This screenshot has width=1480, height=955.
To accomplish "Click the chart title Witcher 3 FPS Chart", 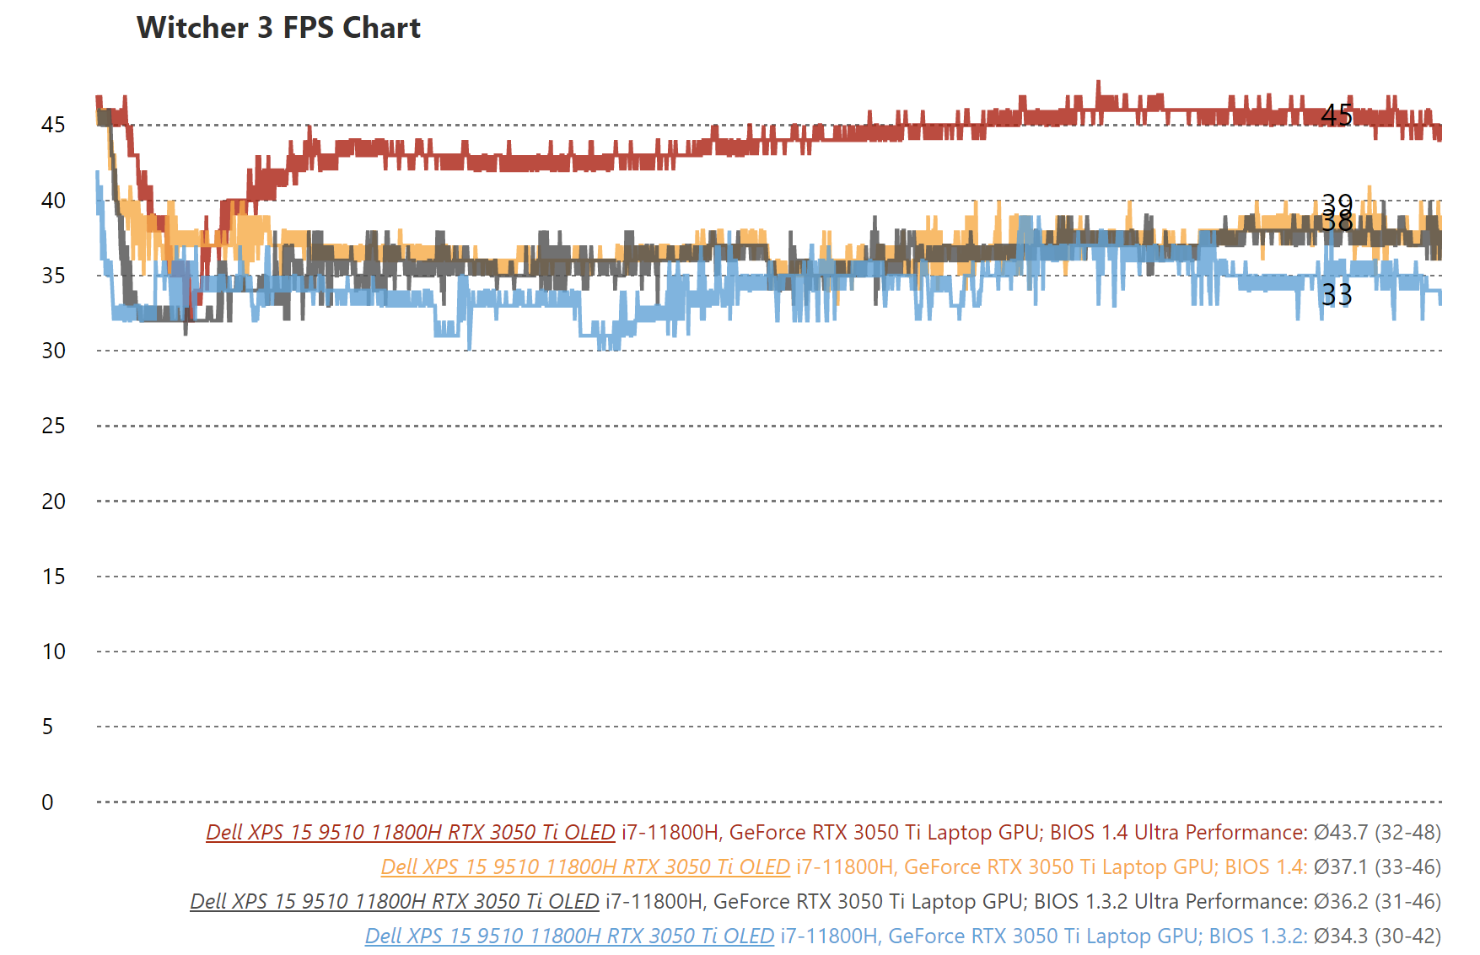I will pyautogui.click(x=278, y=28).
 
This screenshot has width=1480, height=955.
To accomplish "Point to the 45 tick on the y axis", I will pyautogui.click(x=53, y=125).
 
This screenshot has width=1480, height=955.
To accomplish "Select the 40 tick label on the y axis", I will pyautogui.click(x=53, y=201).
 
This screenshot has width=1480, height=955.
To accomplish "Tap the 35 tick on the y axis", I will pyautogui.click(x=53, y=276).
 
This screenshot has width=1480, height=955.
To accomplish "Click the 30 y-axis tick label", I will pyautogui.click(x=53, y=351).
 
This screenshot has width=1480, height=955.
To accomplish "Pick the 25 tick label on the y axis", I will pyautogui.click(x=53, y=426).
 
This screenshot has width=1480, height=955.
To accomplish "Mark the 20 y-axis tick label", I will pyautogui.click(x=53, y=502).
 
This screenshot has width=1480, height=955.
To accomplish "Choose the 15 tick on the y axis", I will pyautogui.click(x=53, y=577).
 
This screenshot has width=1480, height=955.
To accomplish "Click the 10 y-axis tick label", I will pyautogui.click(x=53, y=652).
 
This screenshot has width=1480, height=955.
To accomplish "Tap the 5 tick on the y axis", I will pyautogui.click(x=47, y=727).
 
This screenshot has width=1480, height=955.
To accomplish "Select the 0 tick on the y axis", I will pyautogui.click(x=47, y=802).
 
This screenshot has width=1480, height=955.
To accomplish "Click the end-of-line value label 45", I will pyautogui.click(x=1337, y=115).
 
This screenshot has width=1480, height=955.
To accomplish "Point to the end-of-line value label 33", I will pyautogui.click(x=1337, y=295).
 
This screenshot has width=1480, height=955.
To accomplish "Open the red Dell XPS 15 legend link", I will pyautogui.click(x=411, y=833).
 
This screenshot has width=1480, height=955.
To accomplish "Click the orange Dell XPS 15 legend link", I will pyautogui.click(x=585, y=867).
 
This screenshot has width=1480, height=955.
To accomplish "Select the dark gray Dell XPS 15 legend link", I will pyautogui.click(x=395, y=902).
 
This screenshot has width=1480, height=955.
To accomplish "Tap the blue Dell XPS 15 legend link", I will pyautogui.click(x=569, y=936).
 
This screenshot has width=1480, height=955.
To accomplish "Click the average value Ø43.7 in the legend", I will pyautogui.click(x=1341, y=833).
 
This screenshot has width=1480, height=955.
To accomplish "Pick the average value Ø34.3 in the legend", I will pyautogui.click(x=1341, y=936).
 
